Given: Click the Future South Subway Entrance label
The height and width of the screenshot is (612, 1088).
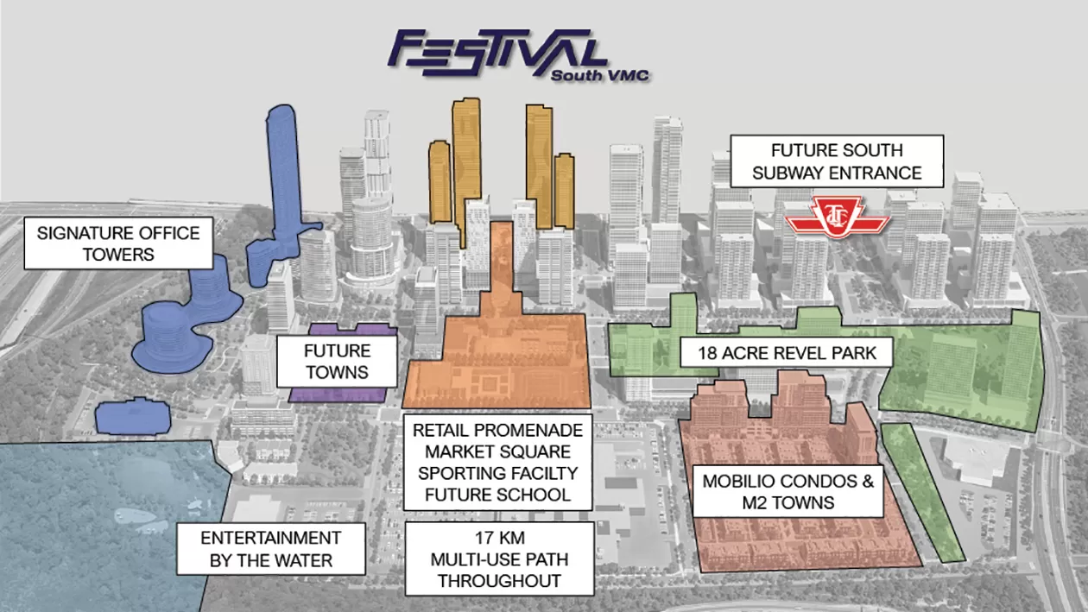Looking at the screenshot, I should (x=836, y=161).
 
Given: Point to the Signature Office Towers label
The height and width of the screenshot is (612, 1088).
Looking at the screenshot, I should (x=118, y=243).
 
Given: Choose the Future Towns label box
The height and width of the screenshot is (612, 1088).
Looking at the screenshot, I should (x=336, y=362).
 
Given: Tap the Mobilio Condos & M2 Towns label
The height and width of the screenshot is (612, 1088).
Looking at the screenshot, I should (x=788, y=491).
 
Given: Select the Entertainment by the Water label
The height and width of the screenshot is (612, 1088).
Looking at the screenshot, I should (x=270, y=549).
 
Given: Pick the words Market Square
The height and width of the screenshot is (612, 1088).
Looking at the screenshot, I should (x=498, y=451).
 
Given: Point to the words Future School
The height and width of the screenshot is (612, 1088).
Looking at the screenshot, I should (x=498, y=495).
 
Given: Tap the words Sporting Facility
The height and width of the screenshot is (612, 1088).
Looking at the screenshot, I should (x=498, y=473).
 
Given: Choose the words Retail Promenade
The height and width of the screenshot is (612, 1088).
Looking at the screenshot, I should (x=498, y=430).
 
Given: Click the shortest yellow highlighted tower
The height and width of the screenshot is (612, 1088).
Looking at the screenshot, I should (x=564, y=190).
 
